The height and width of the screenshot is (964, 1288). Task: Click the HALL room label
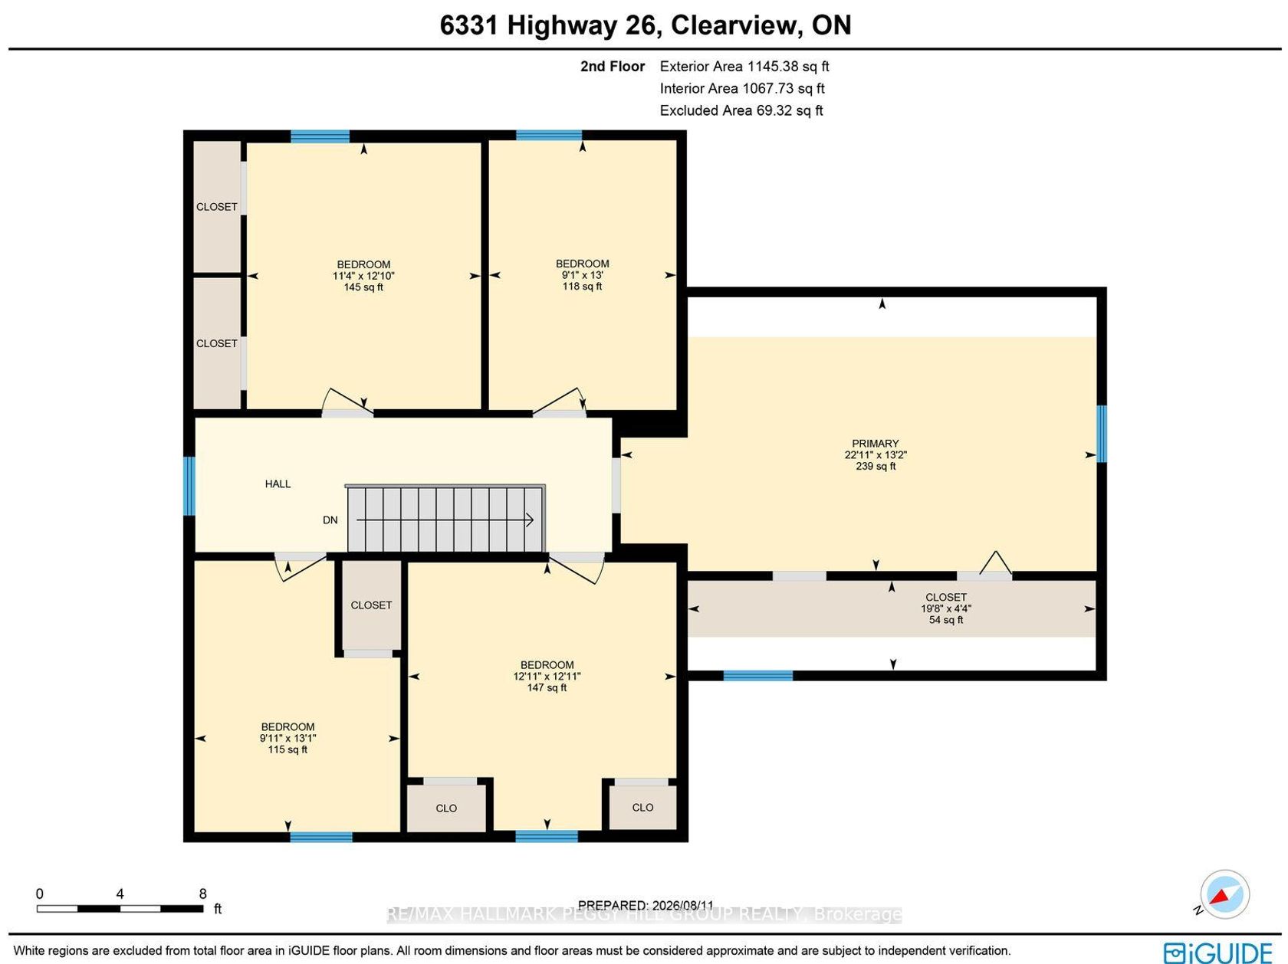(x=278, y=484)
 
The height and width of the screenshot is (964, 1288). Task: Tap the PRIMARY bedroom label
(x=875, y=443)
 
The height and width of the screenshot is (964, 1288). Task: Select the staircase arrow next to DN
(x=445, y=520)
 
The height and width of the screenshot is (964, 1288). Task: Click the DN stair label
(x=330, y=520)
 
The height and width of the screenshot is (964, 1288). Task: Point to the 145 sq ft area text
(x=363, y=287)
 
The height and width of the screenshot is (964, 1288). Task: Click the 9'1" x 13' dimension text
(x=582, y=274)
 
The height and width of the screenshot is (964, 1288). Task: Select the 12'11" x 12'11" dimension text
(x=547, y=676)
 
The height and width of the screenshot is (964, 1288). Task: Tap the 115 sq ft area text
(x=287, y=749)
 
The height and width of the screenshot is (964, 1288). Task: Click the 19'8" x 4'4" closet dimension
(x=945, y=608)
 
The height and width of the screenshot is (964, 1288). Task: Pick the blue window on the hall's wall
(x=189, y=486)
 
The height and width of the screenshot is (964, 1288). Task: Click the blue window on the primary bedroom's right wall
(x=1102, y=434)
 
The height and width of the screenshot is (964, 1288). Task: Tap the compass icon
(x=1224, y=894)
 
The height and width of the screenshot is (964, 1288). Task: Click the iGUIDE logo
(x=1218, y=953)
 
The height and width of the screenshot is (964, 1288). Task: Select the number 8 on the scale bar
(x=202, y=894)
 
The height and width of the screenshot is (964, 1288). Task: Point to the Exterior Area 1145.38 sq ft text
(x=744, y=66)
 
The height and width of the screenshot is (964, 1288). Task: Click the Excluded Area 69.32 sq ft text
(x=741, y=110)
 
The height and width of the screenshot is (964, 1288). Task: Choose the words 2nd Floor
(x=612, y=66)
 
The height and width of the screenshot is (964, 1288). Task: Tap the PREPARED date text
(x=646, y=905)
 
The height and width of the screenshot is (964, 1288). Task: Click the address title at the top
(x=645, y=25)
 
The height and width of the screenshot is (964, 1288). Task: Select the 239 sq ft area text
(x=876, y=466)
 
